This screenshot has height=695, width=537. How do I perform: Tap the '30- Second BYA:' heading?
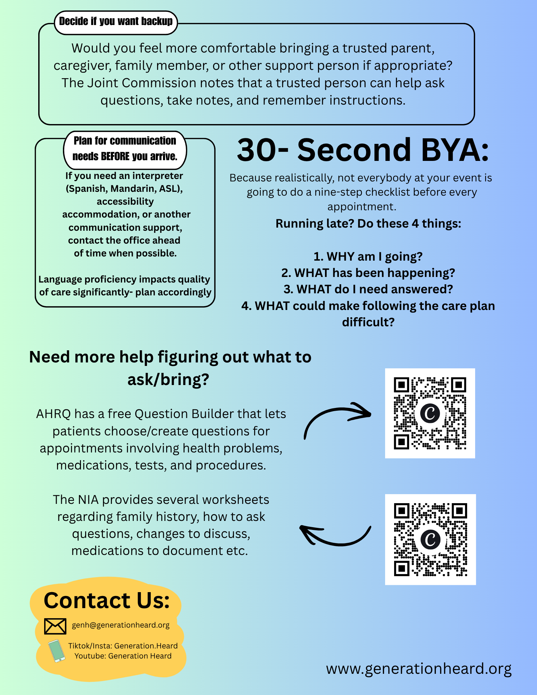pos(363,150)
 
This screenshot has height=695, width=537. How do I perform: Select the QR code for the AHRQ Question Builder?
pos(430,413)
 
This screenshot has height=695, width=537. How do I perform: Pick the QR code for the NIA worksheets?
pos(430,539)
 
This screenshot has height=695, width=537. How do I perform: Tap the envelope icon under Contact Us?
pos(55,626)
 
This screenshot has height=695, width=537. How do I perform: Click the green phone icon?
pos(57,651)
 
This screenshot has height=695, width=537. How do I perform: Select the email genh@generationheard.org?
pos(121,625)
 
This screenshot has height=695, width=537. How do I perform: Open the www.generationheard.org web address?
pos(419,669)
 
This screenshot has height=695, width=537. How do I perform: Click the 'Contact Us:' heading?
pos(107,600)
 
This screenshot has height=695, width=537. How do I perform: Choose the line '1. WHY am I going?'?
pos(368,256)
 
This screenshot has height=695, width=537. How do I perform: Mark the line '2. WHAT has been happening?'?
pos(368,273)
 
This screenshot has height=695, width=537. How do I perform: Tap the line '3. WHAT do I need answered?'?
pos(368,289)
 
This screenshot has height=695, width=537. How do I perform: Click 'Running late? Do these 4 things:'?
pos(368,223)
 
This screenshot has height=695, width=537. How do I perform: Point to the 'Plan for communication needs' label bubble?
pos(125,149)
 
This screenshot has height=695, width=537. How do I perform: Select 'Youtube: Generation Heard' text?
pos(123,656)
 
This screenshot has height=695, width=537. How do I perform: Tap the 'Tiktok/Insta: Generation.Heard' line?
pos(123,646)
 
